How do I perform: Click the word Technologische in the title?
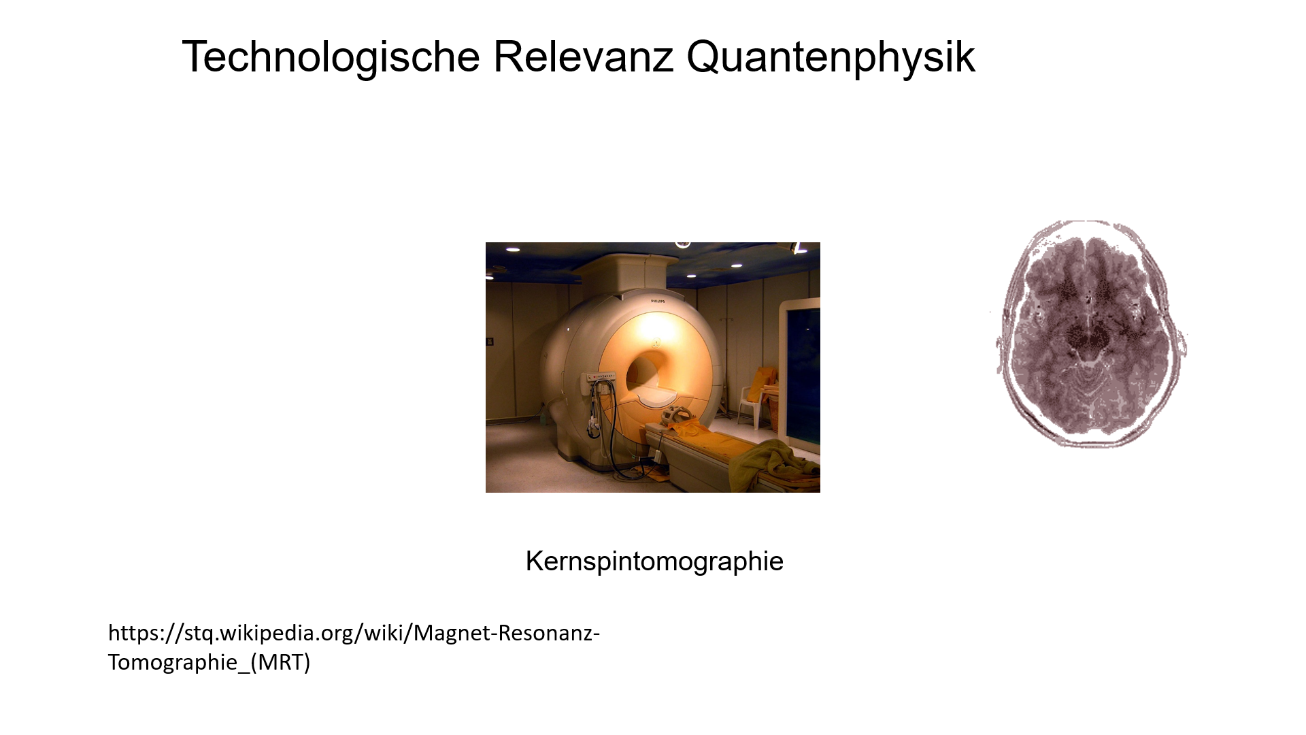(x=331, y=57)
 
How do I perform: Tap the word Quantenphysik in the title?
(x=831, y=57)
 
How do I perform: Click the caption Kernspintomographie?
(x=654, y=561)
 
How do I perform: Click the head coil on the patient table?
(x=678, y=415)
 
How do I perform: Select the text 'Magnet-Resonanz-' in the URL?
(x=507, y=634)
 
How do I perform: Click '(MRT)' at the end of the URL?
(x=280, y=662)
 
